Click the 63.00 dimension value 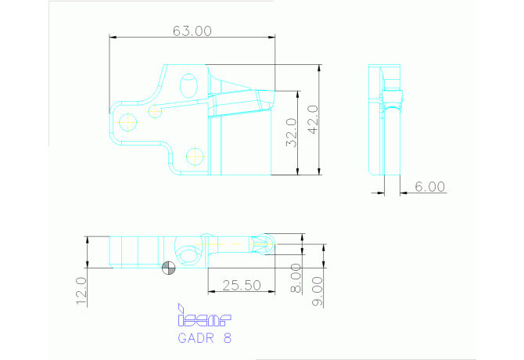pos(192,31)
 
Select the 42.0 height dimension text pos(313,120)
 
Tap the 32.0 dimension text pos(292,132)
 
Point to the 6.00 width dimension pos(430,186)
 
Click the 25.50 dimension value pos(242,286)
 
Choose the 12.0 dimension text pos(81,291)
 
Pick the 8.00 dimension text pos(296,278)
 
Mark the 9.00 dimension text pos(318,291)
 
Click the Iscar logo pos(204,315)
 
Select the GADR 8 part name pos(205,338)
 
